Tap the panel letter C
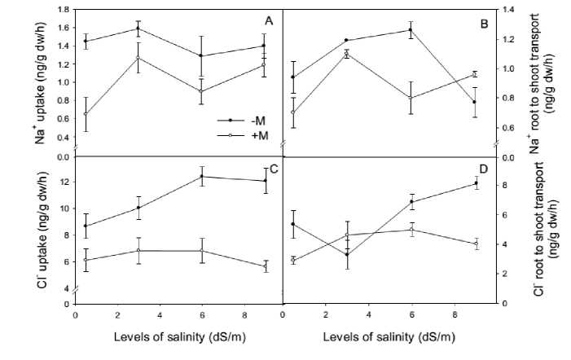(x=275, y=169)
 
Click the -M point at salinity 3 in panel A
(x=138, y=29)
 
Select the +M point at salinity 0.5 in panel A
(x=86, y=114)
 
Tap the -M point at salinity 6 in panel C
(x=202, y=176)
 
